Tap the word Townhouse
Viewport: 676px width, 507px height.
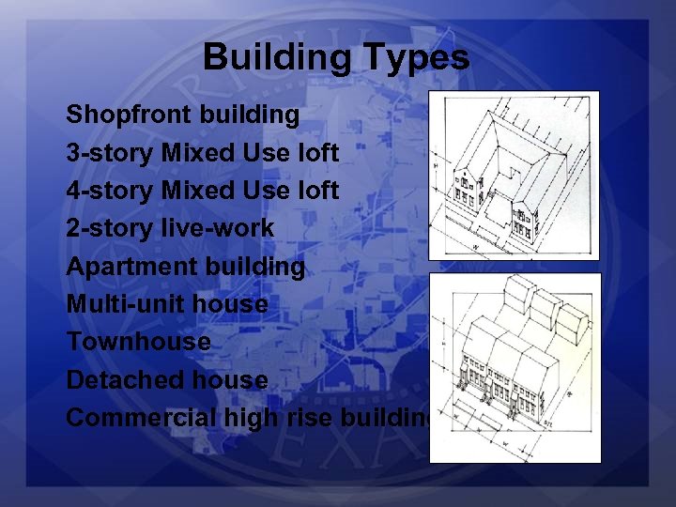coord(138,342)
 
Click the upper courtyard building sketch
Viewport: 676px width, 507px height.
coord(513,176)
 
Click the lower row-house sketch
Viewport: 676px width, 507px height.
coord(514,367)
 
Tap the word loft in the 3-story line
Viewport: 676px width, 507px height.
coord(319,153)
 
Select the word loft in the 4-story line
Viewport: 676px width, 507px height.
coord(319,191)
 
